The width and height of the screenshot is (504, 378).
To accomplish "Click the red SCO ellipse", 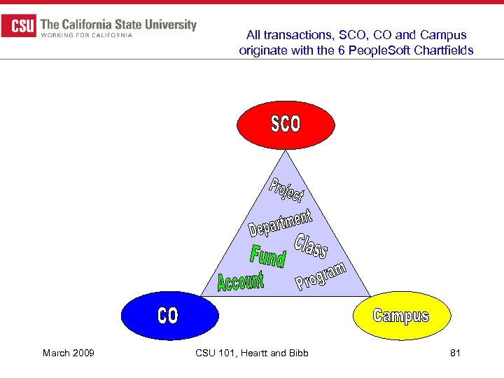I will click(285, 125).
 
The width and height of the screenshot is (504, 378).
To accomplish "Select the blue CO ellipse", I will click(167, 316).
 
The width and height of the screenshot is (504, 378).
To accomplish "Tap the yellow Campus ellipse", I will click(400, 316).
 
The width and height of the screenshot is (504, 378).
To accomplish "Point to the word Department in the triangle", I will click(280, 220).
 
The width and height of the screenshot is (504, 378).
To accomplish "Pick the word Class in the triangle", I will click(311, 246).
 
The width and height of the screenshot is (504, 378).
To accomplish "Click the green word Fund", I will click(268, 255).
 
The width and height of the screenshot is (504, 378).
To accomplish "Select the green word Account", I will click(241, 281).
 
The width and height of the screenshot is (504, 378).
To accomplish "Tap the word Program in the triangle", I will click(321, 276).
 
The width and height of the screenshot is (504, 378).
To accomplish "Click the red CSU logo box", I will click(19, 27).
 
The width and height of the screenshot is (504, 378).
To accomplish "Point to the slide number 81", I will click(455, 353).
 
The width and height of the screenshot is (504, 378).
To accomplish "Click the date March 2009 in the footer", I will click(69, 353).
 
